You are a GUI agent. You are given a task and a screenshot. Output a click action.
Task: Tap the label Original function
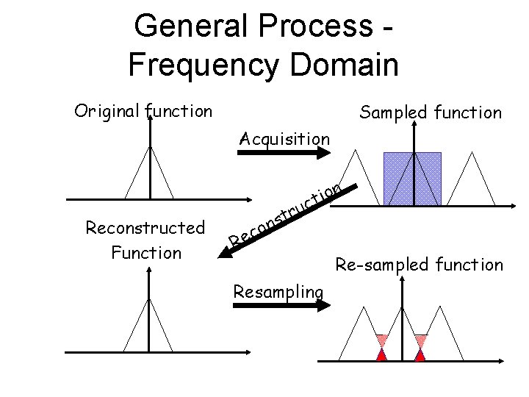(143, 112)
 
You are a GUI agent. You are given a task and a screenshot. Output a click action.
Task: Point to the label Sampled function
(430, 112)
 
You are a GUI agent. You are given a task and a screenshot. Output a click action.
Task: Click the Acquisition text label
(285, 138)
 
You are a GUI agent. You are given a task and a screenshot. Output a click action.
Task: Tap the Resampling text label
(278, 292)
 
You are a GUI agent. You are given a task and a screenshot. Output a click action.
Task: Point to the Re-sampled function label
(420, 265)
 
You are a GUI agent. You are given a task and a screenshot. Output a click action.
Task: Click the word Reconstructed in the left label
(145, 228)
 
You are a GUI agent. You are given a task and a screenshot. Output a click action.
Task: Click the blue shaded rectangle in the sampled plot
(412, 178)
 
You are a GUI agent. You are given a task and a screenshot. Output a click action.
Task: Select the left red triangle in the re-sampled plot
(381, 354)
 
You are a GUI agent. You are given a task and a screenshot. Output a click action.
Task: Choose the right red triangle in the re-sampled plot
(420, 354)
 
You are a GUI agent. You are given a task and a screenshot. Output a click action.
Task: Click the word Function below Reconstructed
(145, 253)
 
